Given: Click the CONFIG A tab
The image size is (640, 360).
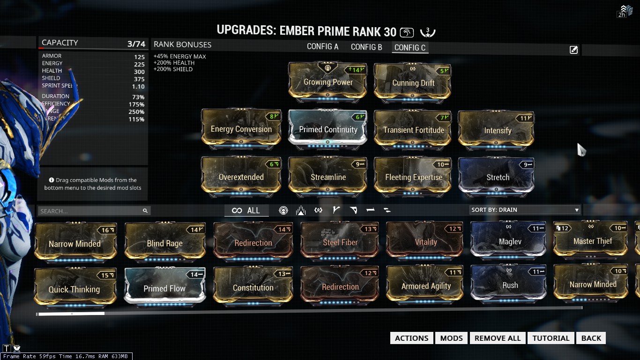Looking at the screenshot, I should coord(322,47).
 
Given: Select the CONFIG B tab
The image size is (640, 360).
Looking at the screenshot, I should coord(366,47).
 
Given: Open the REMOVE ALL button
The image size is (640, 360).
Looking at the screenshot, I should coord(498,338).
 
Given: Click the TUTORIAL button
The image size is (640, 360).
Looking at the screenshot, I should coord(551,338).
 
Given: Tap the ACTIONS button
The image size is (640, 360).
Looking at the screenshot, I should coord(411,338).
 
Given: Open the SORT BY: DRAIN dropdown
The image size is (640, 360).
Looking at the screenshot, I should coord(525,210).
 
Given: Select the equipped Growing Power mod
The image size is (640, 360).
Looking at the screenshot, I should coord(328,82).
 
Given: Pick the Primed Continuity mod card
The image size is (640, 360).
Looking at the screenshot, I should coord(328,129).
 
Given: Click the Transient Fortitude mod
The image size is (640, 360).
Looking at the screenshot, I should coord(413,129).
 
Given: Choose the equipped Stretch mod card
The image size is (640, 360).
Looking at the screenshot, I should coord(497,177).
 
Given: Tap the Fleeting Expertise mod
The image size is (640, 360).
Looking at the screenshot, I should coord(413,177).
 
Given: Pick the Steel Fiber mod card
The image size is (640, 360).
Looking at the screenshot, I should coord(340,242).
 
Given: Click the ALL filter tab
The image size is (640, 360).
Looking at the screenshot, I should coord(246,210).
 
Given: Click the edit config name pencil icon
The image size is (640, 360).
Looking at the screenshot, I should coord(573,50).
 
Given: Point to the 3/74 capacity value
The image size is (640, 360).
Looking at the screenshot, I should coord(136,44).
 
